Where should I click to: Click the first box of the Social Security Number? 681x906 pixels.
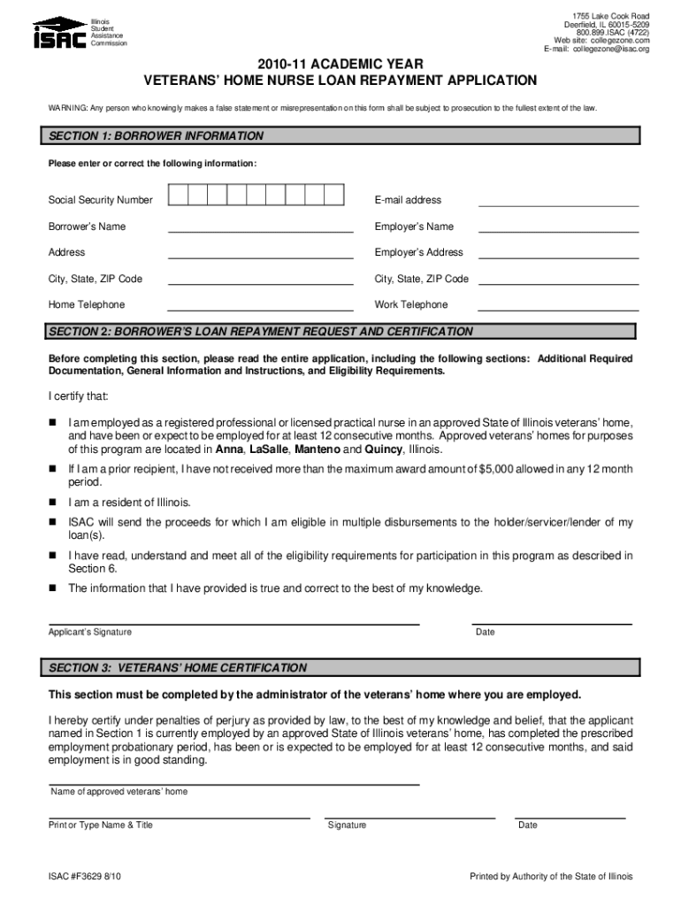point(178,196)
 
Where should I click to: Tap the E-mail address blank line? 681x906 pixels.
point(558,204)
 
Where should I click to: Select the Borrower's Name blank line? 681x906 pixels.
point(260,231)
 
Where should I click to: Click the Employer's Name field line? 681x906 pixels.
point(558,231)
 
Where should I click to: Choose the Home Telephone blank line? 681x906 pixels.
point(260,310)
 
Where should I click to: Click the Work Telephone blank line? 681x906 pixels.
point(558,310)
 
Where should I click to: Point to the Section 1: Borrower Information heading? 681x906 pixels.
point(157,136)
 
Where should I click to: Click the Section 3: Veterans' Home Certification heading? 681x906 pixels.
point(178,667)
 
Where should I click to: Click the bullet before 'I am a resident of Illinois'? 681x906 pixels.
point(52,503)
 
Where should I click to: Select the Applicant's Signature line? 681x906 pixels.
point(233,623)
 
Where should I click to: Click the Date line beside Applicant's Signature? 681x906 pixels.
point(553,623)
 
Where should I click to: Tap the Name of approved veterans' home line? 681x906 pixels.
point(233,783)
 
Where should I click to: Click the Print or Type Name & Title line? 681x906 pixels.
point(179,817)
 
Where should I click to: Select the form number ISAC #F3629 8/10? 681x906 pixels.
point(87,877)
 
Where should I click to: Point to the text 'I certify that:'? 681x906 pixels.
point(78,395)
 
